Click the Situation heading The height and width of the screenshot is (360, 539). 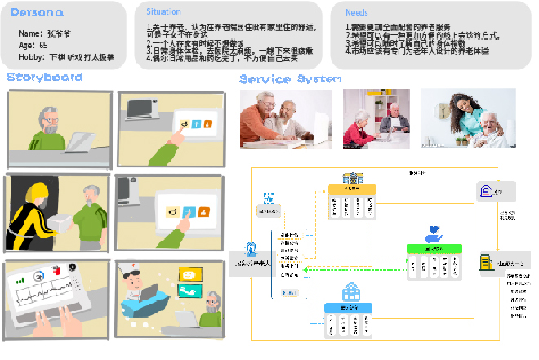tap(158, 12)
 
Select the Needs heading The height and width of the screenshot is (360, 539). tap(356, 13)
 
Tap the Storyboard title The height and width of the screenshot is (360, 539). tap(44, 77)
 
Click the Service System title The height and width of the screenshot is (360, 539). tap(290, 78)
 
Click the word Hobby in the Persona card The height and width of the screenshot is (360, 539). tap(31, 58)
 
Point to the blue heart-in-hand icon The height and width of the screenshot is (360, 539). tap(433, 234)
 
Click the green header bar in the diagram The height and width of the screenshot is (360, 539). tap(434, 248)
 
